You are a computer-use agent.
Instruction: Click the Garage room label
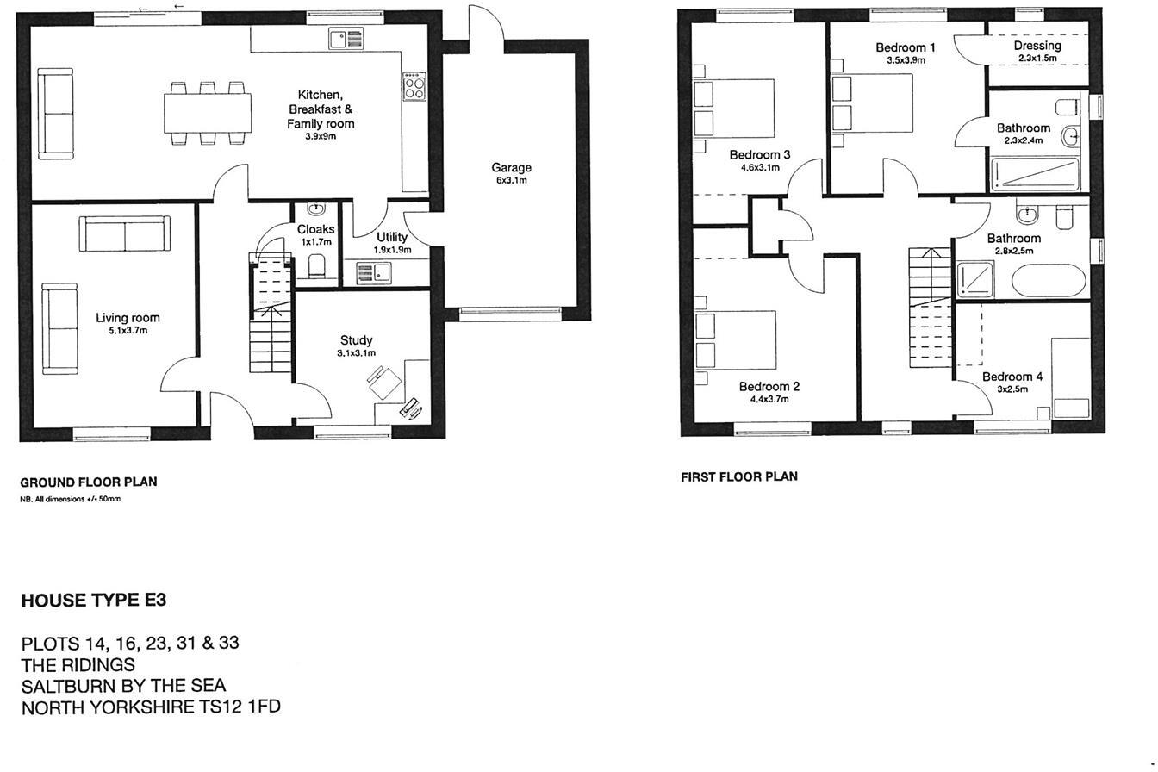point(511,168)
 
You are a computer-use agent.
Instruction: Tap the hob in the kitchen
point(414,86)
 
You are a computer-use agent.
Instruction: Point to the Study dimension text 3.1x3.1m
point(356,353)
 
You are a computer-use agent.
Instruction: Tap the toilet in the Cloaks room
point(316,265)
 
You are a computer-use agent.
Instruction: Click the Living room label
point(128,318)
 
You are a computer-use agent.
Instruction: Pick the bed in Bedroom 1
point(872,103)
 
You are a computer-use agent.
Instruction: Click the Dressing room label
point(1037,46)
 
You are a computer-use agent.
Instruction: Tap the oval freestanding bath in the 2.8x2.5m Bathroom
point(1045,281)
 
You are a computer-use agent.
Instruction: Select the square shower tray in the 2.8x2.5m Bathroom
point(976,279)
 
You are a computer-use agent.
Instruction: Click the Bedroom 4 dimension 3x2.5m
point(1012,389)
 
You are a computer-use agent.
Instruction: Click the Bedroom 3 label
point(759,155)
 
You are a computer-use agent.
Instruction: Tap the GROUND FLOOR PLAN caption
point(88,482)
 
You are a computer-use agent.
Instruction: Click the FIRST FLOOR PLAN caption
point(738,476)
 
